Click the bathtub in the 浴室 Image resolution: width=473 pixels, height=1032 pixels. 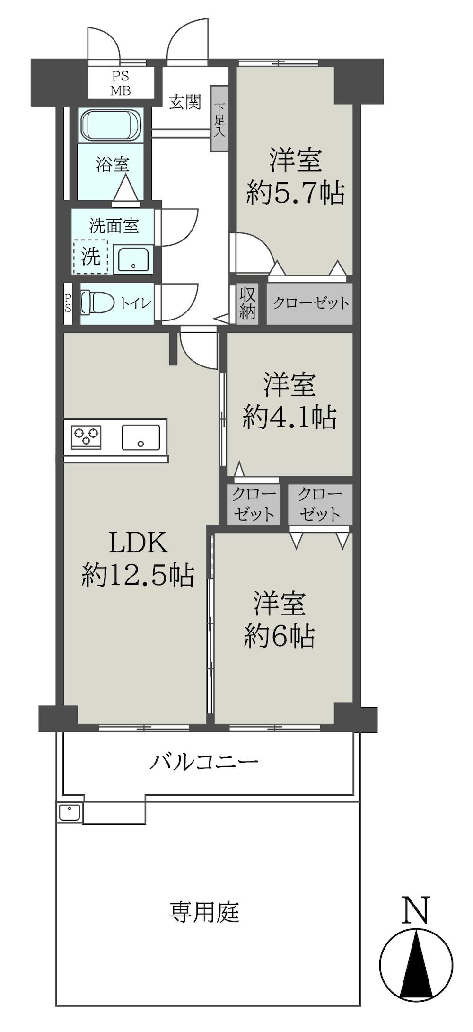pos(111,125)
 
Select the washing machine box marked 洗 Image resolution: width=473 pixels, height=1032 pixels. pos(91,257)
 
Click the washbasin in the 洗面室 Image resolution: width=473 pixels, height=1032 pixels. pos(133,260)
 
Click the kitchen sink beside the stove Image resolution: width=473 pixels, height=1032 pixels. pos(140,437)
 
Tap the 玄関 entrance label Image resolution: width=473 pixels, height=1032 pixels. pos(185,102)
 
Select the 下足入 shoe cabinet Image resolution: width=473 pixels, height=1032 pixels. pos(219,119)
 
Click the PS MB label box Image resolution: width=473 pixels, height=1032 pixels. pos(121,83)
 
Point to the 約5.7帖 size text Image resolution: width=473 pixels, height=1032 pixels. pos(295,193)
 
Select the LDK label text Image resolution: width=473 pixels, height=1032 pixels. pos(138,543)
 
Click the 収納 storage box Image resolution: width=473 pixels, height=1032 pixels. pos(247,303)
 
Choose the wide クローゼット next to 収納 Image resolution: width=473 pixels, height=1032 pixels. pos(310,303)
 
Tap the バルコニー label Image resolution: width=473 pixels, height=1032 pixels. pos(204,762)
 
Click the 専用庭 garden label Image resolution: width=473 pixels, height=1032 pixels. pos(204,912)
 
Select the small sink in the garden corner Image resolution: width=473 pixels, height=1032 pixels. pos(69,813)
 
